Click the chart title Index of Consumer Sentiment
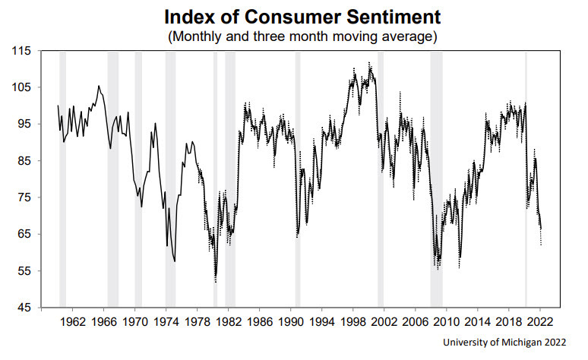coord(294,15)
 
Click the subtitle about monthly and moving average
coord(294,35)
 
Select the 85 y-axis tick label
coord(23,161)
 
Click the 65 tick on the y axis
coord(23,234)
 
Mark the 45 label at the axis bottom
coord(23,308)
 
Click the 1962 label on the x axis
coord(73,322)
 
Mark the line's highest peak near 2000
coord(369,64)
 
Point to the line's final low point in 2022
coord(541,244)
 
